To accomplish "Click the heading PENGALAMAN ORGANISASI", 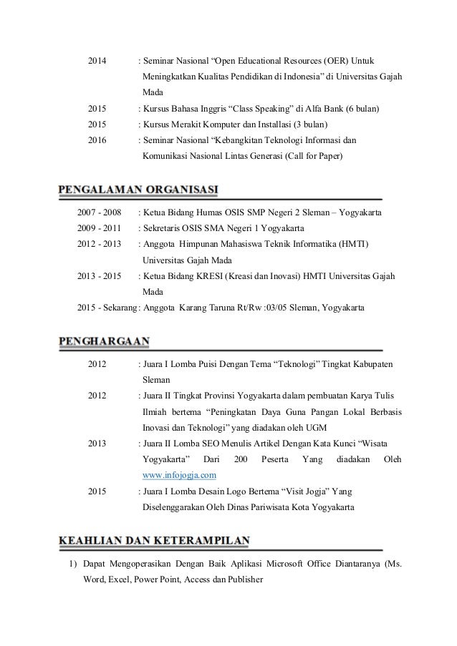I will click(138, 190).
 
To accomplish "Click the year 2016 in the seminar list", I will click(97, 140).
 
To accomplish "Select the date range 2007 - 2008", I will click(99, 213).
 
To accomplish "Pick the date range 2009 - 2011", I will click(99, 229).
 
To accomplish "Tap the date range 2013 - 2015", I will click(99, 276).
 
